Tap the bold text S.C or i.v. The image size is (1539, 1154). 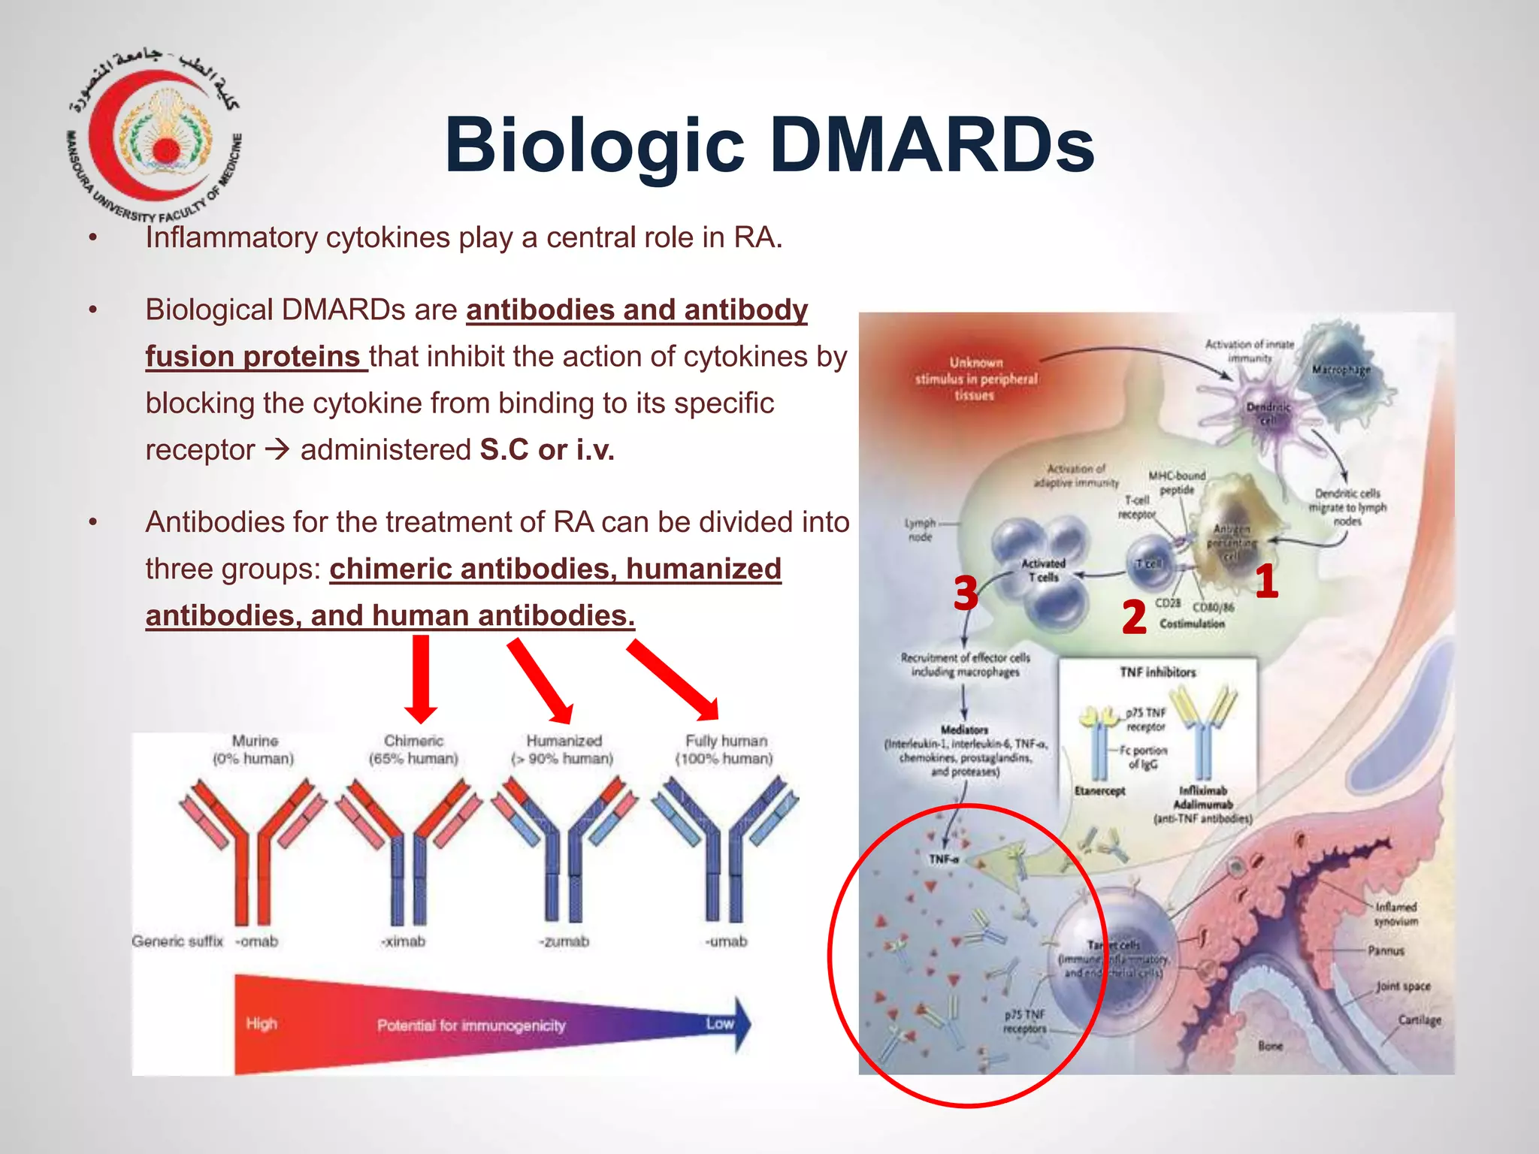pos(547,450)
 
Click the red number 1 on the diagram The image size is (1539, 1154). pos(1266,582)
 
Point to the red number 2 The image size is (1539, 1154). pos(1134,618)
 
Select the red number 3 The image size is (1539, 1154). pos(966,594)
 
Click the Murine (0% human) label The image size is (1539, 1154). pos(254,750)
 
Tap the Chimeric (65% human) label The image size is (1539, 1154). pos(413,750)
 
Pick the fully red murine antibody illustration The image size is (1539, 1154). pos(252,849)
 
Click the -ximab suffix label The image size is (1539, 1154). pos(404,941)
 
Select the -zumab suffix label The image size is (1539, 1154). pos(564,941)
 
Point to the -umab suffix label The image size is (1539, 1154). pos(726,941)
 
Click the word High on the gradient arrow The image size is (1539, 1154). pos(262,1023)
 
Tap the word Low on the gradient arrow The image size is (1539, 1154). pos(719,1023)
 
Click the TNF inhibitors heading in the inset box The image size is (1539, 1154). pos(1157,672)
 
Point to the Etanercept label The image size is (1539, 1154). pos(1099,791)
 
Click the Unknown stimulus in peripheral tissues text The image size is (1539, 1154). pos(975,379)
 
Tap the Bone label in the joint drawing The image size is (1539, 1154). pos(1270,1046)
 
